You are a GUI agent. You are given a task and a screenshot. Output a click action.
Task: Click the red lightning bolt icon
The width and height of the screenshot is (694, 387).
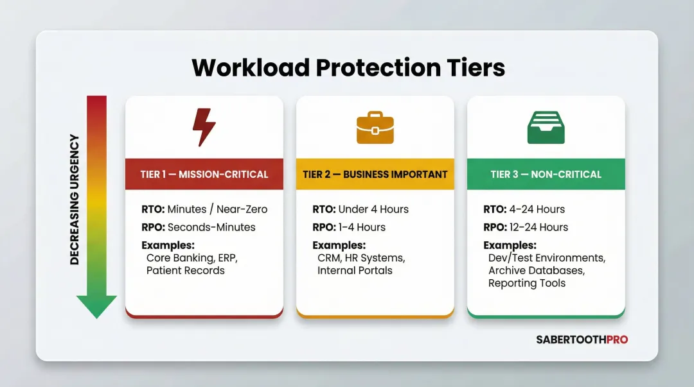pyautogui.click(x=204, y=127)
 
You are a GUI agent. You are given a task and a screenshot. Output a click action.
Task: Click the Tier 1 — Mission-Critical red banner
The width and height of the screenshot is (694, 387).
pyautogui.click(x=204, y=174)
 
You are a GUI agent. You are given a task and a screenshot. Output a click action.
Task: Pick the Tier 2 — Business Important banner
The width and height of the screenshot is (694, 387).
pyautogui.click(x=375, y=174)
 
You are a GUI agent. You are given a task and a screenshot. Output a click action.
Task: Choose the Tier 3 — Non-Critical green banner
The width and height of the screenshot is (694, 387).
pyautogui.click(x=546, y=174)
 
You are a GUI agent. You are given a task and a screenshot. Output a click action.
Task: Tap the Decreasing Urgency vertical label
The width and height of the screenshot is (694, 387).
pyautogui.click(x=75, y=200)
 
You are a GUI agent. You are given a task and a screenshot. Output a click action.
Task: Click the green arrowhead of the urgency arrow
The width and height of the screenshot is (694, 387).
pyautogui.click(x=96, y=306)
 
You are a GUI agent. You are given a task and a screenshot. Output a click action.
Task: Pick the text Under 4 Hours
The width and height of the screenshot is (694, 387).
pyautogui.click(x=373, y=209)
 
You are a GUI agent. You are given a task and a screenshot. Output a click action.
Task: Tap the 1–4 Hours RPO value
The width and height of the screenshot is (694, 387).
pyautogui.click(x=361, y=227)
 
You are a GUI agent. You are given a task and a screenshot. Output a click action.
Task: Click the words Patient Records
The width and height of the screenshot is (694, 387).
pyautogui.click(x=186, y=270)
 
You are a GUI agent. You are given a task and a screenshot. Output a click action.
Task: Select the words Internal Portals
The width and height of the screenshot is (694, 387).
pyautogui.click(x=355, y=270)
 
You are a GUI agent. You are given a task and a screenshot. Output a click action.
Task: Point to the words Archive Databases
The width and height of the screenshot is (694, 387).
pyautogui.click(x=537, y=270)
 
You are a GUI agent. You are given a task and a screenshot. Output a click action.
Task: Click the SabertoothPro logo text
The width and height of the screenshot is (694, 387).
pyautogui.click(x=582, y=340)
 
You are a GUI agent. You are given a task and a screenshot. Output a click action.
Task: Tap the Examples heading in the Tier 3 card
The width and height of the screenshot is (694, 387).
pyautogui.click(x=510, y=245)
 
